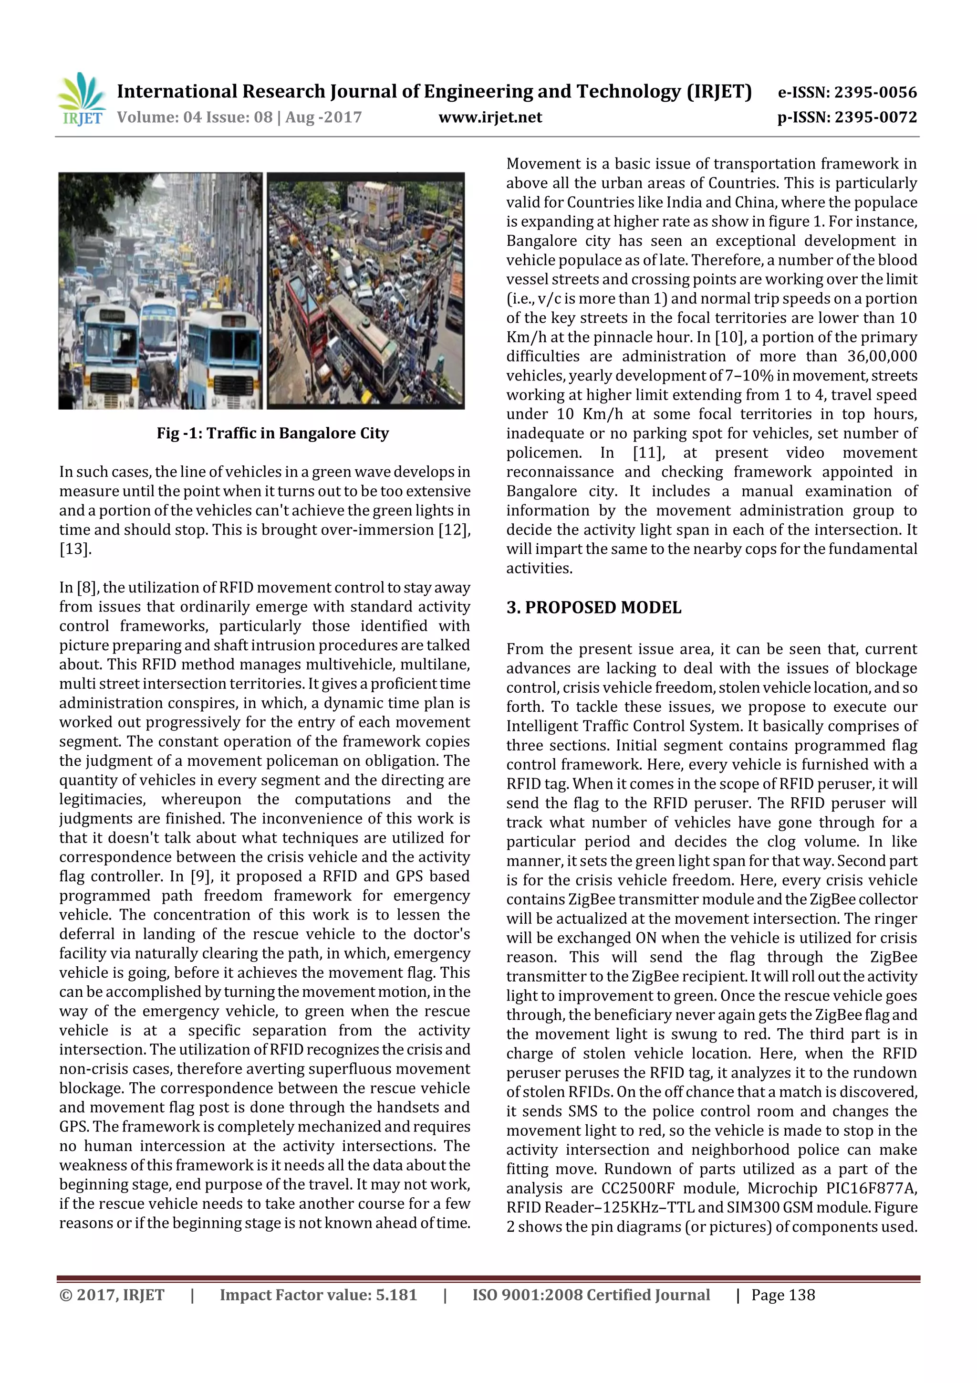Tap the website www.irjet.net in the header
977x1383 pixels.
point(489,117)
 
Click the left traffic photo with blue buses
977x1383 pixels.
point(160,291)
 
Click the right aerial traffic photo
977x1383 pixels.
point(365,291)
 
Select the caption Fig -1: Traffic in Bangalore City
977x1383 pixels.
point(273,433)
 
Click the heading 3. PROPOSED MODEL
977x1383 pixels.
point(593,607)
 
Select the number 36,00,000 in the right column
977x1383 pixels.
point(882,356)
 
